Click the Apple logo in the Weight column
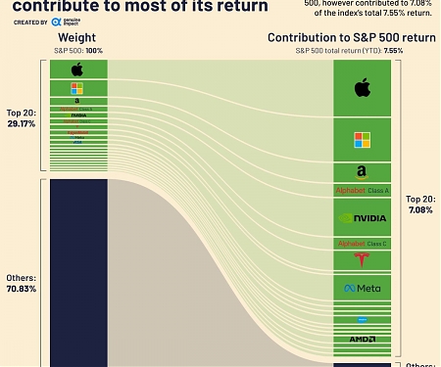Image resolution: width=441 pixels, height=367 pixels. pyautogui.click(x=76, y=69)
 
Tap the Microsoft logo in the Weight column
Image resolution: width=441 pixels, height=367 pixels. pyautogui.click(x=76, y=88)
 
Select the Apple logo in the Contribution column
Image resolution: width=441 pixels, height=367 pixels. pyautogui.click(x=363, y=88)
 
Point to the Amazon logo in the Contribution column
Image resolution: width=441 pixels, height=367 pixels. pyautogui.click(x=363, y=172)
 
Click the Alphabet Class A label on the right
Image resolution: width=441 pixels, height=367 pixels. pyautogui.click(x=363, y=190)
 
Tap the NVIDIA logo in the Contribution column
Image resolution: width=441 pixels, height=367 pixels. pyautogui.click(x=363, y=217)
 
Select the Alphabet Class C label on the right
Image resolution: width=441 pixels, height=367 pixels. pyautogui.click(x=363, y=243)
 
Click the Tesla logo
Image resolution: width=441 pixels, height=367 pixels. pyautogui.click(x=363, y=259)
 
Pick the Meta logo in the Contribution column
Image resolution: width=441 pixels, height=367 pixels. pyautogui.click(x=363, y=289)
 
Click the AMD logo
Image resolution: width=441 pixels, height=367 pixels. pyautogui.click(x=363, y=339)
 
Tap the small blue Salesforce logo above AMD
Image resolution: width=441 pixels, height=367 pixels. pyautogui.click(x=363, y=319)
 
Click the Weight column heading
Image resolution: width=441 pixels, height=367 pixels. pyautogui.click(x=76, y=38)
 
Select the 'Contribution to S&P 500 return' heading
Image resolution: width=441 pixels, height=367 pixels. pyautogui.click(x=351, y=38)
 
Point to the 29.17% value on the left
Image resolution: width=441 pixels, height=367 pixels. pyautogui.click(x=21, y=124)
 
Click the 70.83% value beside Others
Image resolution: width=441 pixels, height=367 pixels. pyautogui.click(x=21, y=289)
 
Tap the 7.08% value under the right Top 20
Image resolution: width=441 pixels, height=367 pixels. pyautogui.click(x=419, y=208)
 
